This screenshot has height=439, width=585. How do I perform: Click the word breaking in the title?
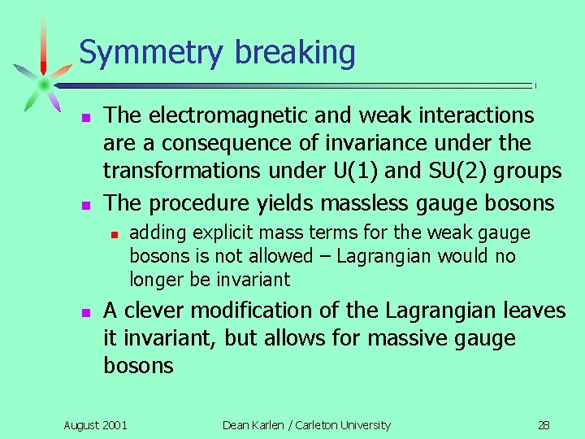pyautogui.click(x=296, y=54)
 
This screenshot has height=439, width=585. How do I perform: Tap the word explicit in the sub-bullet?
pyautogui.click(x=226, y=233)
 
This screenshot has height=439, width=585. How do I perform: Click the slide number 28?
pyautogui.click(x=544, y=424)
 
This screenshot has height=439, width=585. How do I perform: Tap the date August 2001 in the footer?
pyautogui.click(x=95, y=424)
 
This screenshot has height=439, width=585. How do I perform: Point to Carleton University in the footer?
pyautogui.click(x=345, y=424)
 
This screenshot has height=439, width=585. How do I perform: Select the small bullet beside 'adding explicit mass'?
pyautogui.click(x=115, y=234)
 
